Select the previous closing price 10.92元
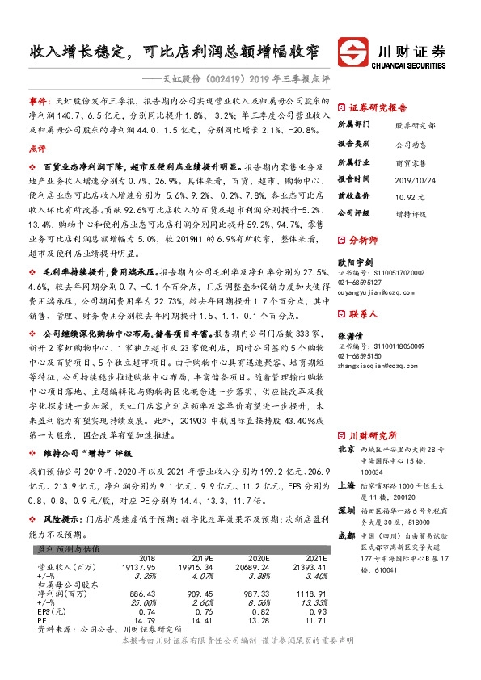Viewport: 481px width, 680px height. tap(408, 196)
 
